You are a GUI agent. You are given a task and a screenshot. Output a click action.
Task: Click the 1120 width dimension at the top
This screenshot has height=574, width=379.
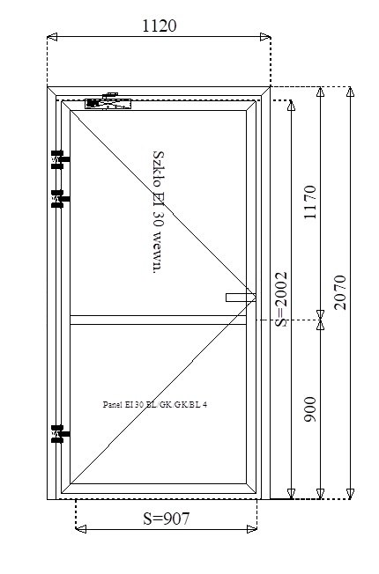click(159, 26)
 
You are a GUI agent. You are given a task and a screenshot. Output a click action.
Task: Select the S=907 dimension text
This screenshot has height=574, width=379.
click(167, 519)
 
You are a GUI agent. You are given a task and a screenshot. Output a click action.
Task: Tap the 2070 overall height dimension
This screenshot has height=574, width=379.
click(340, 292)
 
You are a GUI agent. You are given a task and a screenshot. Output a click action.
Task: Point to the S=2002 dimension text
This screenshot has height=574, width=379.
click(281, 299)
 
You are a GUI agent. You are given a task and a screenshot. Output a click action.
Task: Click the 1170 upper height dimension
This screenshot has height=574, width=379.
click(310, 202)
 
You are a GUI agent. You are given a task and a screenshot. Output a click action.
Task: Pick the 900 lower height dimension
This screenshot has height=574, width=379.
click(310, 409)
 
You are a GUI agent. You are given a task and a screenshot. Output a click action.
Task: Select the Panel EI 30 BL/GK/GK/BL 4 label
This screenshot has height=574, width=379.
click(154, 404)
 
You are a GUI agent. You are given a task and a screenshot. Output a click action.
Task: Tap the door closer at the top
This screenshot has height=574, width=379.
click(108, 101)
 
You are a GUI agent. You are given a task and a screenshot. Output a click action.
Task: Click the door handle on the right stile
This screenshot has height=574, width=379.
click(241, 298)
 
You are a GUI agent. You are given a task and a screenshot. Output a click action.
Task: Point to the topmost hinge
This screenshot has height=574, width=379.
click(60, 159)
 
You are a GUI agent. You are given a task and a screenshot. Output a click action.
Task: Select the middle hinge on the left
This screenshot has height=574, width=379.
click(60, 199)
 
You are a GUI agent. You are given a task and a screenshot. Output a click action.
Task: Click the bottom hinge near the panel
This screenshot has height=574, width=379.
click(60, 434)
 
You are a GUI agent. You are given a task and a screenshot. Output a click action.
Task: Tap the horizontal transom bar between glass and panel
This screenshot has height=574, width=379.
click(158, 320)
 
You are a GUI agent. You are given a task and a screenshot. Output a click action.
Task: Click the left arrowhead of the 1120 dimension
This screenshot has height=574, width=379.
click(52, 37)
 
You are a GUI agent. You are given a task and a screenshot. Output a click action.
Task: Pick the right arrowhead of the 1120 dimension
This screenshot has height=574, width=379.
click(265, 37)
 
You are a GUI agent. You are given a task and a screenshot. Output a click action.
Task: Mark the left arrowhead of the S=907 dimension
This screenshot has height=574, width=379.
click(80, 529)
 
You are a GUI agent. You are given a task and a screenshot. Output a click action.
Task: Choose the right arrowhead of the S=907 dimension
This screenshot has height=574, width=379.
click(252, 529)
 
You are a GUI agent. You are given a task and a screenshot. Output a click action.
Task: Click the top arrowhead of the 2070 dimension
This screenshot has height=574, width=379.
click(351, 92)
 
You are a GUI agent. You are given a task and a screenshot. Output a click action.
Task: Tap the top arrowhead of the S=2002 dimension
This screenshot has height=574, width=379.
click(292, 105)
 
